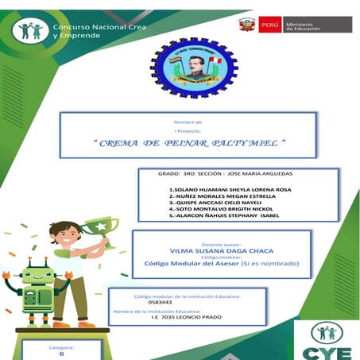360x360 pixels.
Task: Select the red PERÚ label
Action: (270, 25)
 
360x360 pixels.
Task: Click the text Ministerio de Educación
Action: (304, 25)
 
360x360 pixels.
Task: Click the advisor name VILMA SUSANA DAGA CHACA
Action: (216, 250)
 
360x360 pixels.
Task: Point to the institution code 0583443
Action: (159, 303)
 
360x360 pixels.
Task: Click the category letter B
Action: (61, 355)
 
